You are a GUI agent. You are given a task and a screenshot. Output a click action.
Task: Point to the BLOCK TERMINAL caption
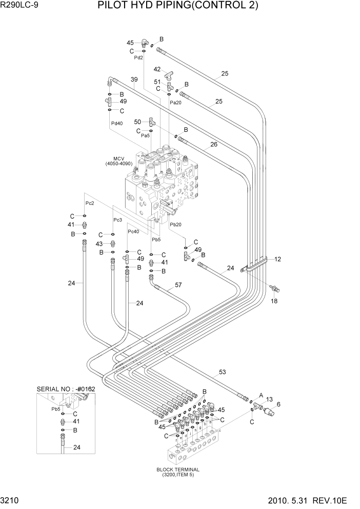pos(178,469)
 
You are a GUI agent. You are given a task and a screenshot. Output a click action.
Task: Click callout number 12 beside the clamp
pos(277,259)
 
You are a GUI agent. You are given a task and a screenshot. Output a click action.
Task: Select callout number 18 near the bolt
pos(274,301)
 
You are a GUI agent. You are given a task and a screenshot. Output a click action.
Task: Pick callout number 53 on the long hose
pos(222,372)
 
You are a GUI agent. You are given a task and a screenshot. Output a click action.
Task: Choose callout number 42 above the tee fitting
pos(157,69)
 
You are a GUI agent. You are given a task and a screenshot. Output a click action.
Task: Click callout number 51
pos(157,82)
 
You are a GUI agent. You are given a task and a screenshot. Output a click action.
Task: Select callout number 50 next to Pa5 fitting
pos(137,122)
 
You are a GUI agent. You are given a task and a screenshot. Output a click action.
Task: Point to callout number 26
pos(213,144)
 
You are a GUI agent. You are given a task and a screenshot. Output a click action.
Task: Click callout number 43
pos(99,243)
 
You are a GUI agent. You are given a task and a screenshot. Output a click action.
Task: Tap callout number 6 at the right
pos(278,404)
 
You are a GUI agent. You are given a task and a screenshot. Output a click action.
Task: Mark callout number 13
pos(269,399)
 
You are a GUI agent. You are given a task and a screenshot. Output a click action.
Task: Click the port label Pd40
pos(116,123)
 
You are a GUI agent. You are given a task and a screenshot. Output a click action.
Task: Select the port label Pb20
pos(175,224)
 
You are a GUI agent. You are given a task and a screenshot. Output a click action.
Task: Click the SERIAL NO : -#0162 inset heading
pos(66,389)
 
